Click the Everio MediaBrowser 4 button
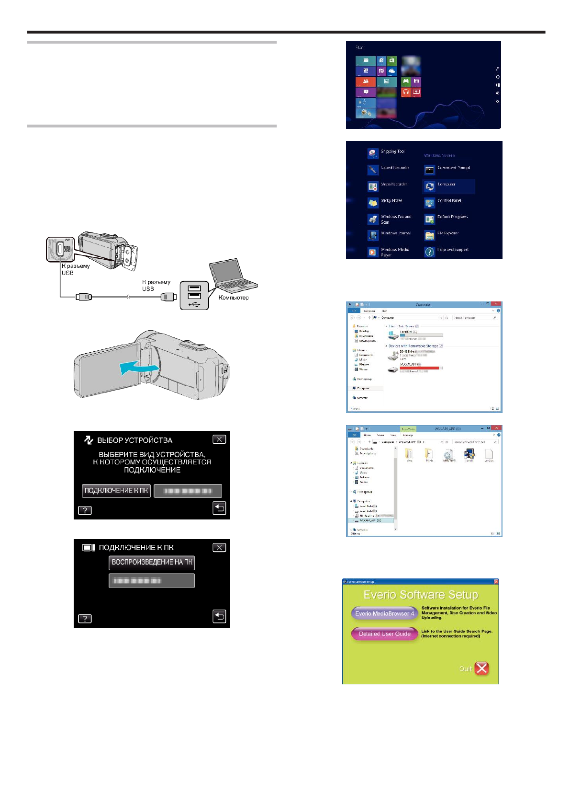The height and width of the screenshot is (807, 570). (x=384, y=613)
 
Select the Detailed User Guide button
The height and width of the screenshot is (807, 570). (x=384, y=634)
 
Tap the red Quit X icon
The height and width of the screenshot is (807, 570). (x=481, y=668)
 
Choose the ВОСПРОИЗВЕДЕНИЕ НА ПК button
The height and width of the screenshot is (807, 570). (x=152, y=562)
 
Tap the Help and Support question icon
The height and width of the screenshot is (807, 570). (x=429, y=252)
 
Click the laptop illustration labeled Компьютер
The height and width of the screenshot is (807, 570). (x=232, y=276)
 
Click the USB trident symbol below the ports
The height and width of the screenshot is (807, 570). (x=194, y=304)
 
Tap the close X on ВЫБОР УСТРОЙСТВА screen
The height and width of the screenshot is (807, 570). (x=219, y=439)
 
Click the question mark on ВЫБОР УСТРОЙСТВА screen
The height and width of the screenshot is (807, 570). (x=85, y=510)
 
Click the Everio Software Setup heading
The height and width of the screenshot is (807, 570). (x=420, y=595)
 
